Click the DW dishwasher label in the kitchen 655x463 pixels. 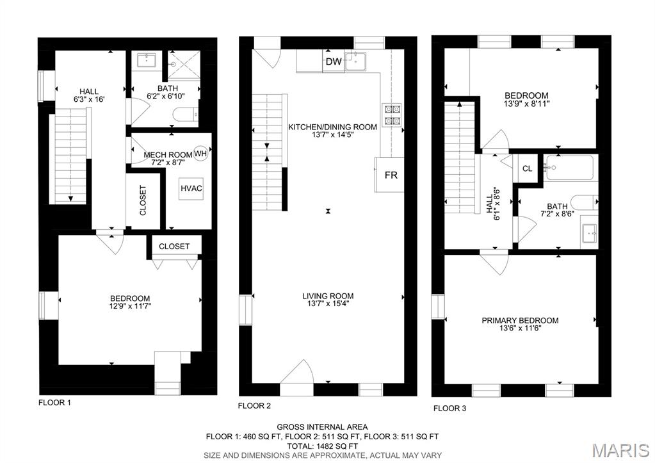point(333,61)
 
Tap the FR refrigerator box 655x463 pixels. point(391,175)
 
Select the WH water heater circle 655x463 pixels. point(200,154)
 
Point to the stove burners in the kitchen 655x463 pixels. point(391,113)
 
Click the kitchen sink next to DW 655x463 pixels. point(356,61)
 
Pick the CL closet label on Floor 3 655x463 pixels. point(527,169)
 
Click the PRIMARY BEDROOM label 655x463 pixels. point(520,321)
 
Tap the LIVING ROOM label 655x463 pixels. point(328,296)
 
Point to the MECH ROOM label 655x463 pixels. point(168,155)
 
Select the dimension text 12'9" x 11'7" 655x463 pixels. point(130,306)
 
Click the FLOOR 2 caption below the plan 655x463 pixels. point(254,405)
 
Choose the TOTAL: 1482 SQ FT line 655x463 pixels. point(322,446)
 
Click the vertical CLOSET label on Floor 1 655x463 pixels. point(143,200)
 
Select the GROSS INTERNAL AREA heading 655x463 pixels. point(322,426)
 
